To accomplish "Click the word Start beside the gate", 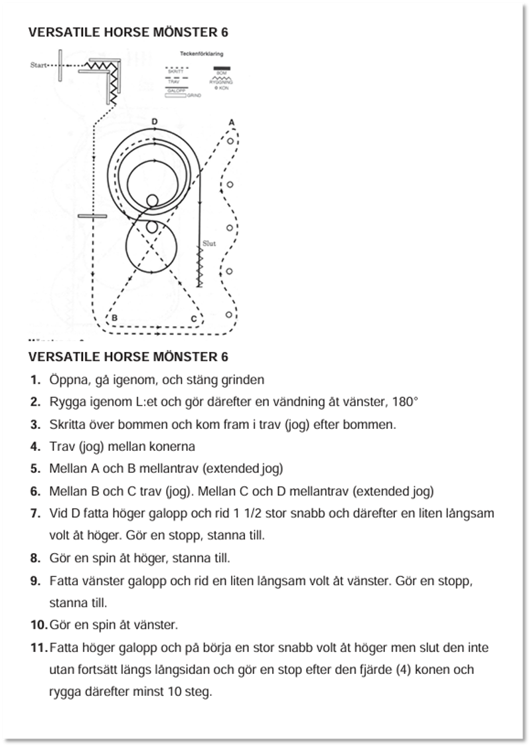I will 39,65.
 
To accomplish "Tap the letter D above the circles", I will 155,122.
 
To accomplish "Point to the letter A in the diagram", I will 231,122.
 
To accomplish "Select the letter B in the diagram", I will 115,318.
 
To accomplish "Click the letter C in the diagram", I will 193,319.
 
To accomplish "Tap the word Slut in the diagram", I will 209,244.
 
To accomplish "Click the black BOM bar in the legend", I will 222,68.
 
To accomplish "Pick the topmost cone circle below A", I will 230,141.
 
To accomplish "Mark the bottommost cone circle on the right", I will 229,314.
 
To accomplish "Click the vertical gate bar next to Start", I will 60,65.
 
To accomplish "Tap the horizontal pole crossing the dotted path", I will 92,216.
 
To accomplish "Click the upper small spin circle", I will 152,201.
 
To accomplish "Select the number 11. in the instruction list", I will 38,647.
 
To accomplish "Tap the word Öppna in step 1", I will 67,380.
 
